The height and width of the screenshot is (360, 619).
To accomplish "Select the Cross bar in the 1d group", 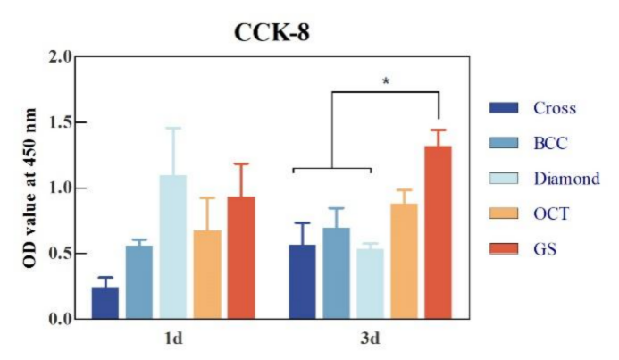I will [105, 303].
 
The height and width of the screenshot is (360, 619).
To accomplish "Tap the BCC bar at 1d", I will [138, 282].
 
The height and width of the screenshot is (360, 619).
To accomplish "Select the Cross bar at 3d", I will [303, 281].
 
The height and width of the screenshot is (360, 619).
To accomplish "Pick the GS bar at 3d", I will [438, 232].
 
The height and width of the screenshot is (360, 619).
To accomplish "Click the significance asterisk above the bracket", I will [386, 82].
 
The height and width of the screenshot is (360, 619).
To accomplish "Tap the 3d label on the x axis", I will [370, 339].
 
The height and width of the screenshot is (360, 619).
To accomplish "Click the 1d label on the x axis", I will [173, 339].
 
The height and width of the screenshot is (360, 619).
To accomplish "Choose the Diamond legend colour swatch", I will [505, 179].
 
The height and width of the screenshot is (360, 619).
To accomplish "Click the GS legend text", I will [544, 248].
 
